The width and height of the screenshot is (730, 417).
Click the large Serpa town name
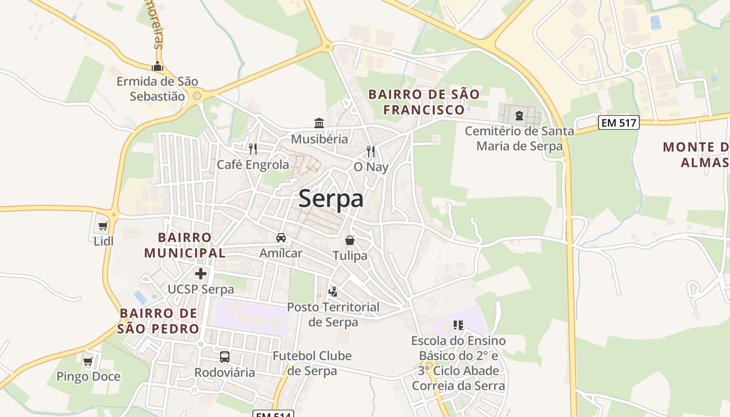pos(331,199)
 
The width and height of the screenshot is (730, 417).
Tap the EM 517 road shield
pos(618,123)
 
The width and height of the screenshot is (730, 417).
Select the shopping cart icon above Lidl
pos(103,226)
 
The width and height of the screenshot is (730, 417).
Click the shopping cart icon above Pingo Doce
pos(88,361)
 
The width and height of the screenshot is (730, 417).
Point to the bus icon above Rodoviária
pos(225,357)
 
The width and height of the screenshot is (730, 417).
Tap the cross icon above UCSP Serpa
pos(201,274)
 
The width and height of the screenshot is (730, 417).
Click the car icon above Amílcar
pos(281,238)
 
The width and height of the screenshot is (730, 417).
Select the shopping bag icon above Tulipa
pos(350,240)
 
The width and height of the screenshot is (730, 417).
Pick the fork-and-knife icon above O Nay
pos(371,152)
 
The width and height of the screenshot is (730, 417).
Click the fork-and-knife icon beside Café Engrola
pos(253,149)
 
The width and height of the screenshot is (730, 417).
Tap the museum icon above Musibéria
pos(319,124)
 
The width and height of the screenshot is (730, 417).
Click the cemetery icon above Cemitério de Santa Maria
pos(519,115)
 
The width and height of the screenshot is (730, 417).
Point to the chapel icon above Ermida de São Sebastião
pos(157,66)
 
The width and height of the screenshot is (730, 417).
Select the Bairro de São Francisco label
pos(423,102)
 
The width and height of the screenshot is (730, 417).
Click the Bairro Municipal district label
pos(185,245)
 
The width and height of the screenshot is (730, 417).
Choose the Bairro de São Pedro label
pos(159,321)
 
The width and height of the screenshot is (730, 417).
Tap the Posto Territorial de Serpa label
pos(333,314)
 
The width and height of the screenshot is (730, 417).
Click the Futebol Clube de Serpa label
pos(312,363)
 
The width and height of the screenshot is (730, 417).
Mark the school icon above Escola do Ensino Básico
pos(458,325)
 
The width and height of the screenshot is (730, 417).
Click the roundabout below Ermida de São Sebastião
pos(197,96)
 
